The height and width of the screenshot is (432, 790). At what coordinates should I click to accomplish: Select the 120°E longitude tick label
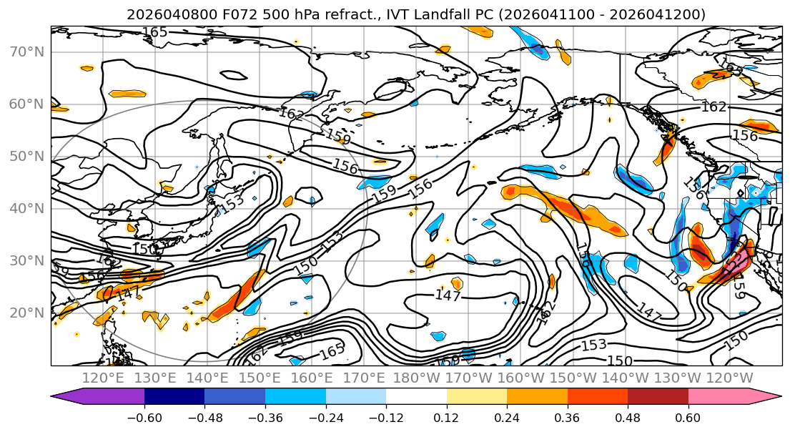point(103,378)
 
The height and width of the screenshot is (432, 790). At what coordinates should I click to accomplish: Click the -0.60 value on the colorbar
point(144,417)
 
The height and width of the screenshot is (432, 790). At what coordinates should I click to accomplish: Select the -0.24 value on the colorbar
point(325,417)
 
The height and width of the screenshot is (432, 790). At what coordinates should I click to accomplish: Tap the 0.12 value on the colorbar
point(446,417)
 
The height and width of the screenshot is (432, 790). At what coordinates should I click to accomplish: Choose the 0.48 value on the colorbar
point(627,417)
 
